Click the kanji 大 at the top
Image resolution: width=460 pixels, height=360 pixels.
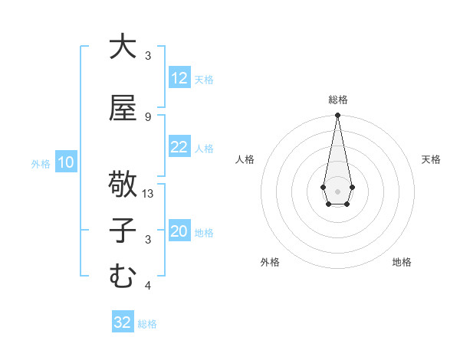pyautogui.click(x=122, y=47)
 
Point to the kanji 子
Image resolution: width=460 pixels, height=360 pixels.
pyautogui.click(x=122, y=231)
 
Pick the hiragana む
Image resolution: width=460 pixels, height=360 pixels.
pyautogui.click(x=122, y=276)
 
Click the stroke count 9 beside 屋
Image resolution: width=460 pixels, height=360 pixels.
pyautogui.click(x=147, y=116)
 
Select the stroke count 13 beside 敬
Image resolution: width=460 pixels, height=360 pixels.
pyautogui.click(x=149, y=194)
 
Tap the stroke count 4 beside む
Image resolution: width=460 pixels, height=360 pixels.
pyautogui.click(x=147, y=286)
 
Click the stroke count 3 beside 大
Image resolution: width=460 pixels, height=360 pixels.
pyautogui.click(x=147, y=56)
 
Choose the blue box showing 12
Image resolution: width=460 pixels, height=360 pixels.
pyautogui.click(x=179, y=78)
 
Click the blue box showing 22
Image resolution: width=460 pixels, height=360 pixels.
pyautogui.click(x=179, y=147)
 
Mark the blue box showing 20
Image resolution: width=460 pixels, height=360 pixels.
pyautogui.click(x=179, y=232)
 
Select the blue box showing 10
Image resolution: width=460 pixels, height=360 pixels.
pyautogui.click(x=65, y=162)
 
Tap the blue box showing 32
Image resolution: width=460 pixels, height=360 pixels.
pyautogui.click(x=123, y=322)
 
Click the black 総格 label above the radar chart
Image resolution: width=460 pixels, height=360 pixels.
pyautogui.click(x=337, y=100)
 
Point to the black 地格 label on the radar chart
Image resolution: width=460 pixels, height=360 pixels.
pyautogui.click(x=402, y=262)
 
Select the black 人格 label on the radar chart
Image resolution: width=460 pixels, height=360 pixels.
pyautogui.click(x=245, y=159)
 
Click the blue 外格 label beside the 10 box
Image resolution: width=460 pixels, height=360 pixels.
pyautogui.click(x=41, y=163)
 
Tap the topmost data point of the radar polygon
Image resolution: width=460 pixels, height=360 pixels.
pyautogui.click(x=337, y=116)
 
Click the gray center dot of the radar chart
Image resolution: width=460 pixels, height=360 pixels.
pyautogui.click(x=337, y=190)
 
